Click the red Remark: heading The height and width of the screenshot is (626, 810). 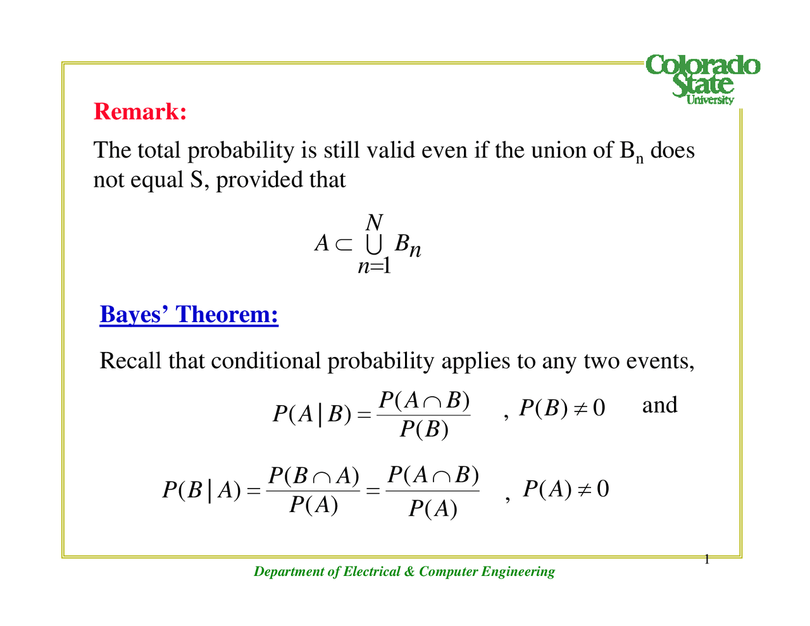[140, 111]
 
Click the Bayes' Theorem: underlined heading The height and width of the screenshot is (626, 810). [189, 315]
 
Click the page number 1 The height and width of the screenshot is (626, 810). [707, 559]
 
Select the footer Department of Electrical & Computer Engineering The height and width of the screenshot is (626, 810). [404, 572]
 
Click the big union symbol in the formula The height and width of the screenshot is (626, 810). [373, 244]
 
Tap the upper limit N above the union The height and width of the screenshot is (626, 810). [374, 223]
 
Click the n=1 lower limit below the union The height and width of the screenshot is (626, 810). [374, 266]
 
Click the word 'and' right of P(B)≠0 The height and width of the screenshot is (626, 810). [659, 405]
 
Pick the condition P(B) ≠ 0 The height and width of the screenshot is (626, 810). [562, 408]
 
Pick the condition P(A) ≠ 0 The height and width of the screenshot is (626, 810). [566, 489]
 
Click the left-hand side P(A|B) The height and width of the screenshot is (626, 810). [311, 414]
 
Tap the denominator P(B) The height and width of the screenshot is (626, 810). [423, 430]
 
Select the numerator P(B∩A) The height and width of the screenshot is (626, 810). [313, 475]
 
